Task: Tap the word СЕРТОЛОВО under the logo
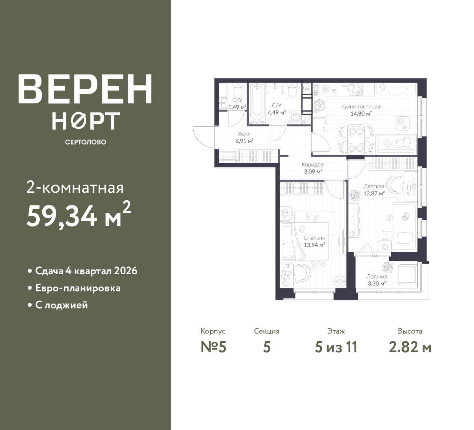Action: click(x=86, y=142)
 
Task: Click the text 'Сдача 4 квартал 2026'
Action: click(x=86, y=271)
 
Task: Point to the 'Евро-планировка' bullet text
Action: click(x=78, y=288)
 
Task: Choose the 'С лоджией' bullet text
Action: click(x=62, y=305)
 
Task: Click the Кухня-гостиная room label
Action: click(x=361, y=107)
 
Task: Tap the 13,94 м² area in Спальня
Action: click(x=314, y=245)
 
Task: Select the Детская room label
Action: click(x=374, y=186)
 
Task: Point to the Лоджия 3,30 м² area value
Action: click(x=377, y=283)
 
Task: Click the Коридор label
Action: click(x=313, y=164)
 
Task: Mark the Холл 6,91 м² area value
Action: click(x=244, y=141)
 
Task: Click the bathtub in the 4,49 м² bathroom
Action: click(x=257, y=104)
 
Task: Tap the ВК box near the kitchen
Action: click(x=307, y=89)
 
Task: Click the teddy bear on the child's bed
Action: click(x=405, y=216)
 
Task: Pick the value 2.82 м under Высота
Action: click(x=410, y=347)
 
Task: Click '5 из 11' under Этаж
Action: click(x=336, y=347)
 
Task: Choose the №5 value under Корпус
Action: click(x=213, y=347)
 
